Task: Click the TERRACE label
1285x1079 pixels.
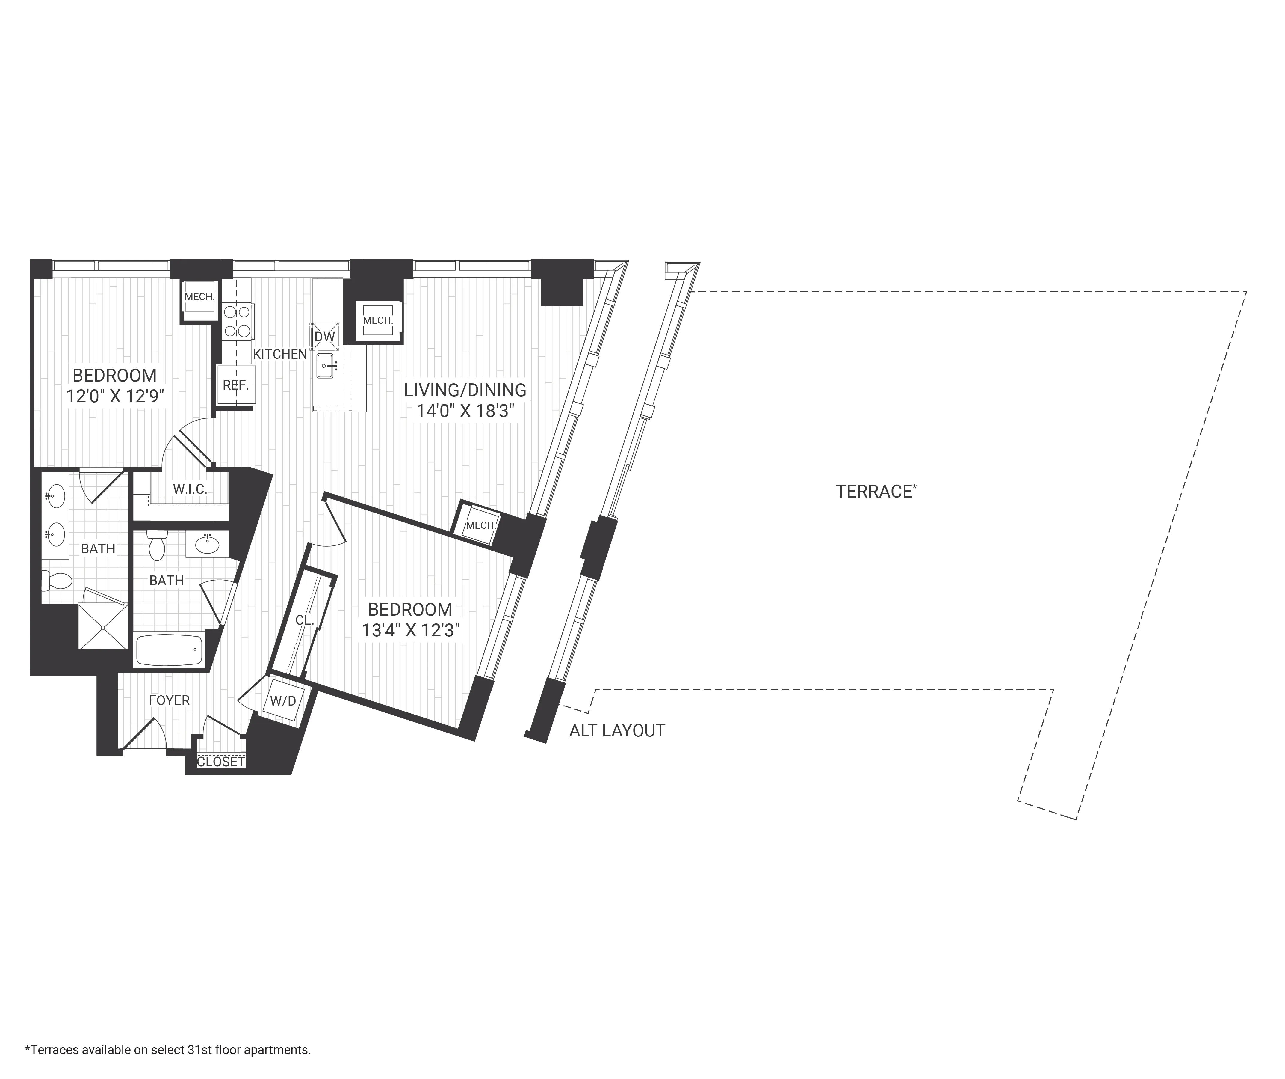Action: point(875,491)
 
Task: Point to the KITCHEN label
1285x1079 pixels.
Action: point(280,354)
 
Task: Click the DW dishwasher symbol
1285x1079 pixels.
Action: point(324,336)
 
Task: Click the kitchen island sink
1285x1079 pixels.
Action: point(327,367)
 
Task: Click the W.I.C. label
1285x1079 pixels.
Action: point(190,489)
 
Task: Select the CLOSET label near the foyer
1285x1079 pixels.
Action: point(220,762)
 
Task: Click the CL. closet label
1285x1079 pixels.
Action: point(304,620)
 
